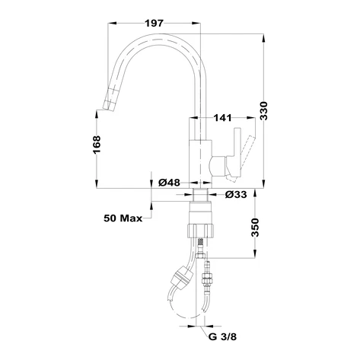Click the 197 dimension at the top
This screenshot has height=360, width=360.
click(155, 22)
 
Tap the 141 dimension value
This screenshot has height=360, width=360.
click(222, 117)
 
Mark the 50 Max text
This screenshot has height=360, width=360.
click(123, 219)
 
